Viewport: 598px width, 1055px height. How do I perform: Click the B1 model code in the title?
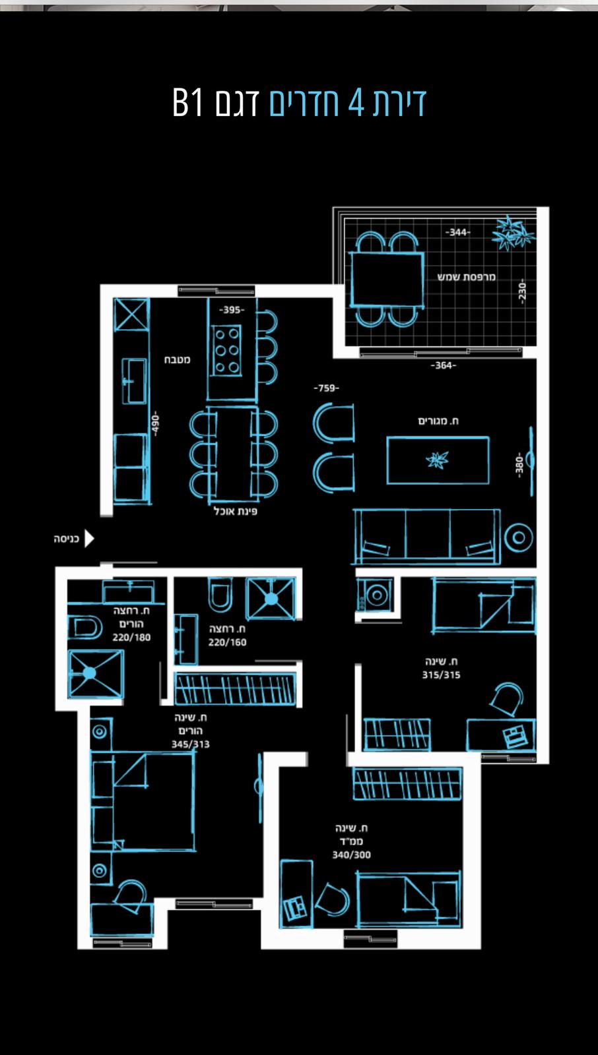(187, 102)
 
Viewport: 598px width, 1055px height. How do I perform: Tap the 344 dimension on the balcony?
(457, 232)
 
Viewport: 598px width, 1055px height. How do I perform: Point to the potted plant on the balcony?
(512, 233)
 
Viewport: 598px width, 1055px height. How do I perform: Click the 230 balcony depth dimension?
(521, 291)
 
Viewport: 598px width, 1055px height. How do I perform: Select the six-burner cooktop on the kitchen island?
(227, 350)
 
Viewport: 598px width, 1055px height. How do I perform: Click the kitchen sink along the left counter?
(134, 381)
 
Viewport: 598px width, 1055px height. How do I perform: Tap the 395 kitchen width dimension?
(232, 310)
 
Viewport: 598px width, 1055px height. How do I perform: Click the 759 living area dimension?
(326, 388)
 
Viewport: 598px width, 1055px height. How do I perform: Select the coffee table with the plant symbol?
(438, 460)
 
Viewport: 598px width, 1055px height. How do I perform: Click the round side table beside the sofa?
(518, 537)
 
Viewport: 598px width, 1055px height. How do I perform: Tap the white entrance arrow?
(89, 538)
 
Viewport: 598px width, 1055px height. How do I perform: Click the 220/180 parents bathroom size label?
(131, 638)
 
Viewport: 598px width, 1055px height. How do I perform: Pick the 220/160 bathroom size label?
(227, 642)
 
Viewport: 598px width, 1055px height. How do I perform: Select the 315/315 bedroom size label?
(441, 675)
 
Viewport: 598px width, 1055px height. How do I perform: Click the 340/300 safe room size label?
(351, 855)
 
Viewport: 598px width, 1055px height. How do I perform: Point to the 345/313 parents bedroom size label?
(191, 744)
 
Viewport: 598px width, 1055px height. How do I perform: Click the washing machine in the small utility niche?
(376, 595)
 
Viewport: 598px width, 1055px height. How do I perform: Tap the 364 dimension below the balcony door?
(444, 365)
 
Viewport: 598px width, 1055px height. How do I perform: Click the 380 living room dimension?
(519, 466)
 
